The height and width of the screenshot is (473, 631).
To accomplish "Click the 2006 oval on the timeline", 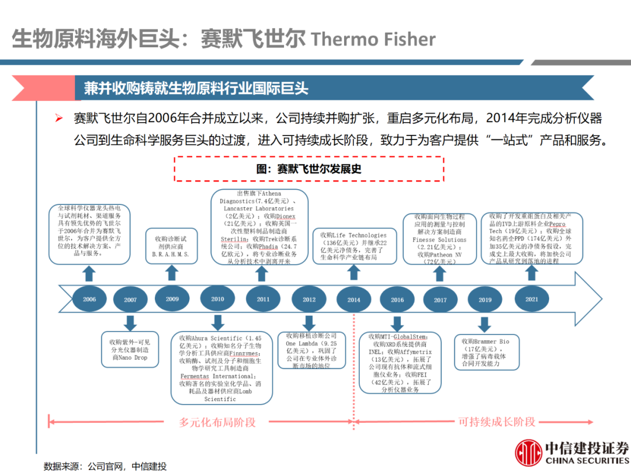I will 89,299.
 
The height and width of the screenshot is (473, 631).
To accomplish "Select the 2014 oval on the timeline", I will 354,300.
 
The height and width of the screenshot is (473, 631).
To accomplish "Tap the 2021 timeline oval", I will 532,299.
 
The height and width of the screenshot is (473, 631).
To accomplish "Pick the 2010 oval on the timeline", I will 217,299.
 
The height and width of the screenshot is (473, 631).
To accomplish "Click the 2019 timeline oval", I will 485,300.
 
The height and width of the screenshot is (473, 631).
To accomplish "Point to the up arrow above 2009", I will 171,273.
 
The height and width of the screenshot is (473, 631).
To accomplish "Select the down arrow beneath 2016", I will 397,323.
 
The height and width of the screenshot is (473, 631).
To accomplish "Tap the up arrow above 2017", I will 440,274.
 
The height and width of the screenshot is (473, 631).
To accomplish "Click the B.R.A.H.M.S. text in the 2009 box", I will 171,255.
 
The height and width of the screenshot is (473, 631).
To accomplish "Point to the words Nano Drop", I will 133,357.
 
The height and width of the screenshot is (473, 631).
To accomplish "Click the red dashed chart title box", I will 309,169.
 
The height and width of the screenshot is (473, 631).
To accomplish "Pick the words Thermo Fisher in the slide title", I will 373,39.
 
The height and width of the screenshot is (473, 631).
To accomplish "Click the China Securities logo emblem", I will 528,452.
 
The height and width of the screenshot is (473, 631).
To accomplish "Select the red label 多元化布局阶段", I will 217,422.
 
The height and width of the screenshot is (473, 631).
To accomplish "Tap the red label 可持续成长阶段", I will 497,422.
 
